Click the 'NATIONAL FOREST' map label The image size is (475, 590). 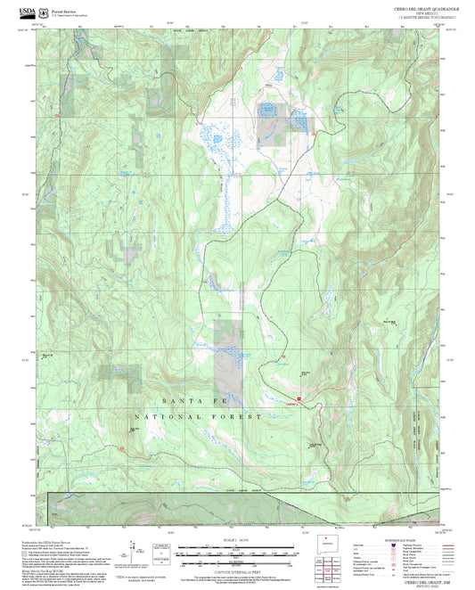[197, 416]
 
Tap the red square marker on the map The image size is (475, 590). [299, 398]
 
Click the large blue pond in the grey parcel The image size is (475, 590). [266, 111]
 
